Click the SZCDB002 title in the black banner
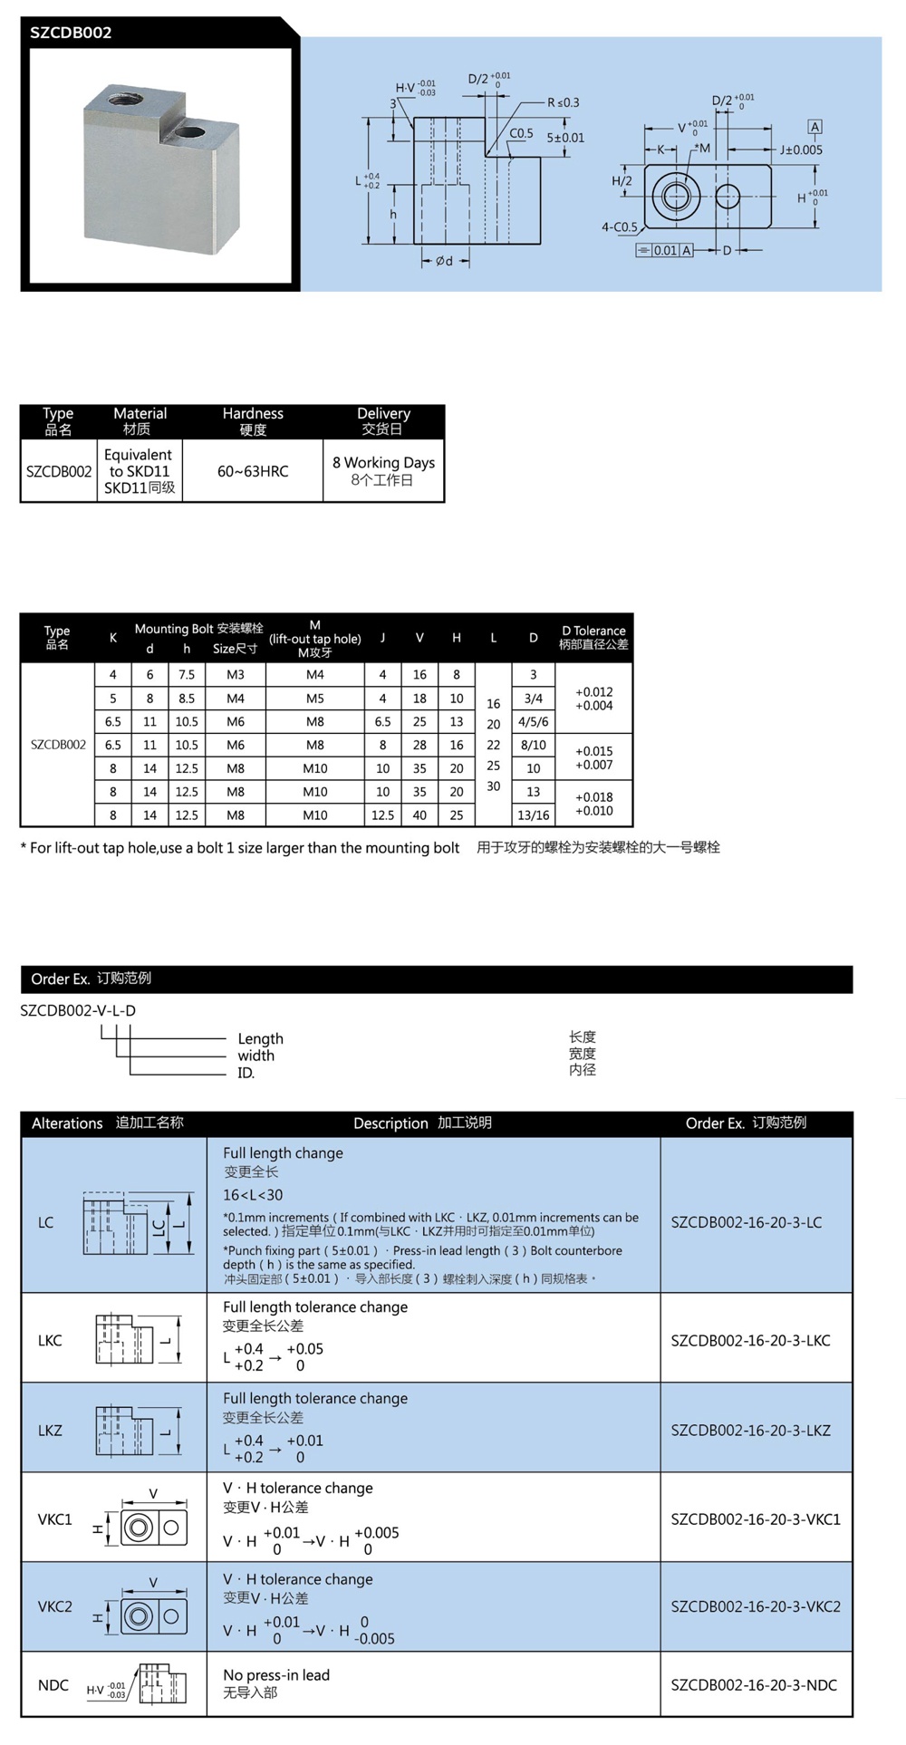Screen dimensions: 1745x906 click(x=71, y=33)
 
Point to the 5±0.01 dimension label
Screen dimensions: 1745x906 click(x=565, y=138)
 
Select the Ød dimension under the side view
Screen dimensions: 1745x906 click(x=444, y=261)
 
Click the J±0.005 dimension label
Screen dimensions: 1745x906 click(x=801, y=149)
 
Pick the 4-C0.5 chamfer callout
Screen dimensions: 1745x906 click(x=620, y=227)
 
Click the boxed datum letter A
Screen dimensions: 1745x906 click(x=814, y=127)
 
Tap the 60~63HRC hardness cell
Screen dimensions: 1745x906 click(x=253, y=471)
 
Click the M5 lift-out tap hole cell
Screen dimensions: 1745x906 click(x=314, y=699)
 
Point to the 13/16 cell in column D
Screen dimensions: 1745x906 click(x=533, y=815)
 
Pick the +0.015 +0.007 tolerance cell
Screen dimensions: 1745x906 click(x=593, y=757)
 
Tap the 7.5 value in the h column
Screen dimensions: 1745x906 click(x=187, y=675)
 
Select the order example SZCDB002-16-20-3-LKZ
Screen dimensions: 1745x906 click(x=750, y=1430)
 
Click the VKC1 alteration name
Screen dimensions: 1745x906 click(x=54, y=1518)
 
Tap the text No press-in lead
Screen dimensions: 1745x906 click(x=276, y=1675)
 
